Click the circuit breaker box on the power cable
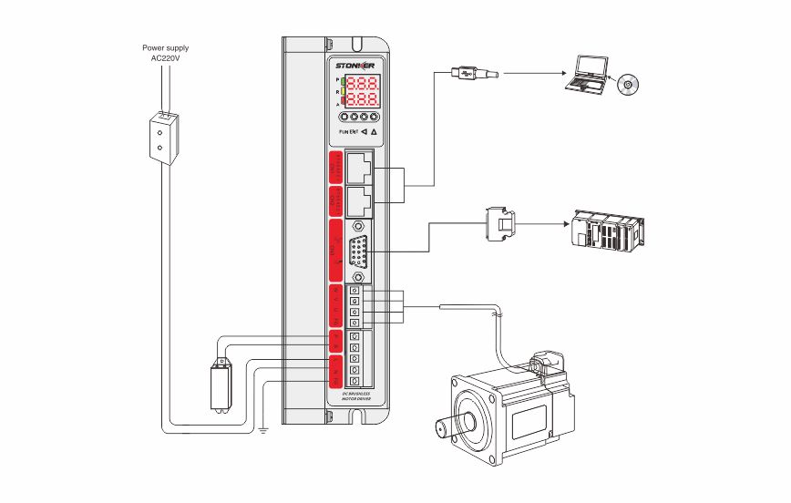161,137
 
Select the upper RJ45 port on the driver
359,168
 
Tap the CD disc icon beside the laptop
629,85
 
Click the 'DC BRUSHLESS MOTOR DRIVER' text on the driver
355,395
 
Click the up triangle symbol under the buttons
375,131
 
